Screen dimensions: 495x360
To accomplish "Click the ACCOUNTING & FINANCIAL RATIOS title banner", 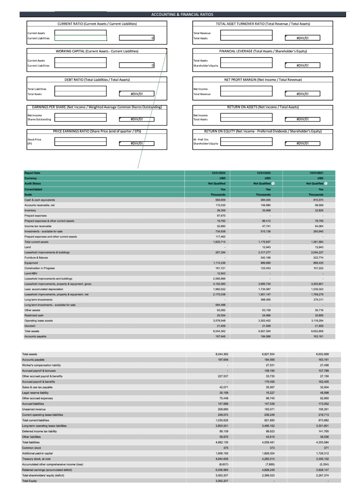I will pos(182,14).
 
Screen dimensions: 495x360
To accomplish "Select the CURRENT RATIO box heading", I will pos(97,24).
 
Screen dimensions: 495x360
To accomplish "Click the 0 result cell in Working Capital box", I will pos(137,65).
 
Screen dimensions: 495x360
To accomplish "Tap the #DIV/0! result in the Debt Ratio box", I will pos(137,94).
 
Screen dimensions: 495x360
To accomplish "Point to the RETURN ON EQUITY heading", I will pos(263,131).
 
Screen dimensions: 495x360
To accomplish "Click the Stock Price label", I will pos(34,139).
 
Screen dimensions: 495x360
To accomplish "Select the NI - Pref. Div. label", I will pos(201,139).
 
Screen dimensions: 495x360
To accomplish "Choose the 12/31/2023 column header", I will pos(218,173).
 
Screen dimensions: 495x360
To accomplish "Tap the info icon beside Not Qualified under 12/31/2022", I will pos(273,183).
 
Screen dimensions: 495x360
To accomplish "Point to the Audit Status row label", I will pos(33,183).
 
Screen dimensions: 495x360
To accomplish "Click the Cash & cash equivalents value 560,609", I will pos(220,200).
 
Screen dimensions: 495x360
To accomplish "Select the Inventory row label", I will pos(30,210).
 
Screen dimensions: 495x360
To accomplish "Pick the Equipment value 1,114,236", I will pos(219,263).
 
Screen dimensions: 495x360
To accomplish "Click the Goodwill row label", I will pos(30,326).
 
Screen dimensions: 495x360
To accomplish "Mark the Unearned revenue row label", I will pos(34,409).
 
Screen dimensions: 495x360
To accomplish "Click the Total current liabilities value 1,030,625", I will pos(221,420).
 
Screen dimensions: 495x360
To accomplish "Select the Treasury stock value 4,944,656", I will pos(222,459).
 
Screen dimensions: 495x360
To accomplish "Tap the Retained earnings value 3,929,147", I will pos(321,470).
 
